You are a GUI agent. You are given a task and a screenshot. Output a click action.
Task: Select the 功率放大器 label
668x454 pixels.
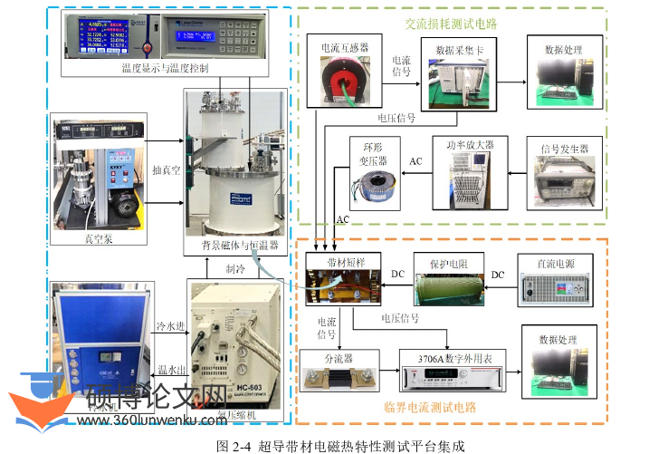tap(482, 143)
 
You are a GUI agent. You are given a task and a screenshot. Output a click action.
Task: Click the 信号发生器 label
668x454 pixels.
tap(564, 149)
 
